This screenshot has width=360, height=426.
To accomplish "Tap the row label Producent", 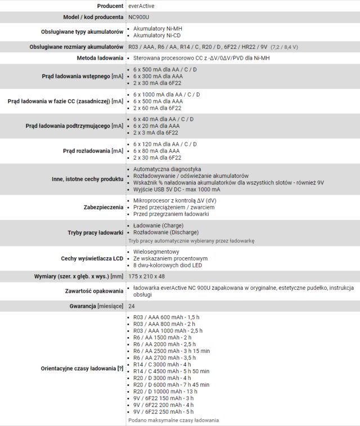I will click(110, 6).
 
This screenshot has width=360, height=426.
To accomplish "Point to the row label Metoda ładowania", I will click(100, 58).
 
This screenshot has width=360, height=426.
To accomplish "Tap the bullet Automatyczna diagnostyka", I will click(166, 169).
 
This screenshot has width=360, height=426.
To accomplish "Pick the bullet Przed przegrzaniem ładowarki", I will click(171, 214).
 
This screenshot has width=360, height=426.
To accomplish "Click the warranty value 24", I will click(132, 306).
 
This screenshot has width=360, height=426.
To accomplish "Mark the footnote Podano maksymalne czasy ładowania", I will click(173, 420).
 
